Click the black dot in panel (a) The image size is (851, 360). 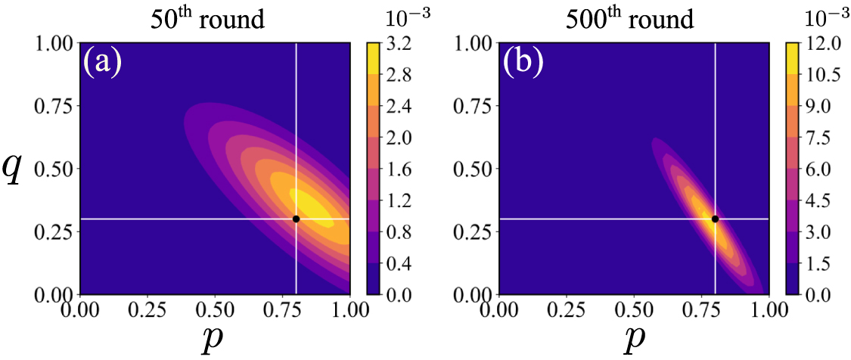(296, 219)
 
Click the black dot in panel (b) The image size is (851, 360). (715, 219)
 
